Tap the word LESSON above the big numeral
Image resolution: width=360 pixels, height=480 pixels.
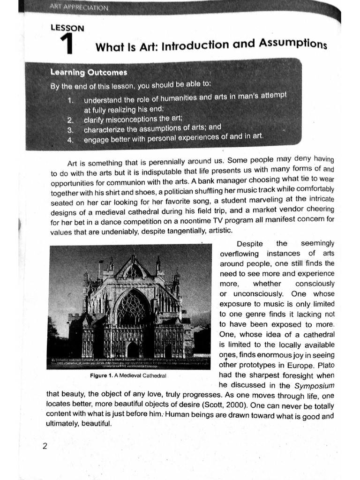point(67,28)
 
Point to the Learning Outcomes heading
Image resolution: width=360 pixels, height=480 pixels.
point(89,73)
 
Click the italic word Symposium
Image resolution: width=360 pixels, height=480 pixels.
point(314,386)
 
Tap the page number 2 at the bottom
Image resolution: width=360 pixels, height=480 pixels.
point(45,446)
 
